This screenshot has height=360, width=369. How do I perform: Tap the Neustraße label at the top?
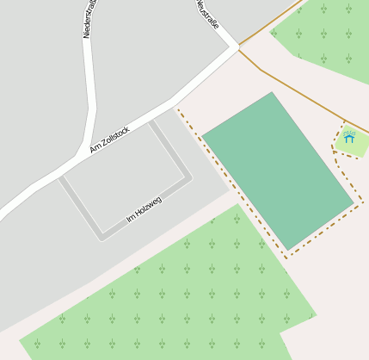pyautogui.click(x=207, y=15)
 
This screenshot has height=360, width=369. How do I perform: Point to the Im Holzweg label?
pyautogui.click(x=144, y=209)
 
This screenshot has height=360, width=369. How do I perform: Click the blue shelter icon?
pyautogui.click(x=349, y=136)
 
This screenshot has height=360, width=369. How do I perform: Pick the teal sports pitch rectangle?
pyautogui.click(x=278, y=171)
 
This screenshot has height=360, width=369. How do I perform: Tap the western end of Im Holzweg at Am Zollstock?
pyautogui.click(x=62, y=178)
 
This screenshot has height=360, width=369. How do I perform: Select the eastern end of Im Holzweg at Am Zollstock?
pyautogui.click(x=151, y=121)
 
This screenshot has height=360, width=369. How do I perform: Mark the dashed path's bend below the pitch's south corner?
pyautogui.click(x=287, y=256)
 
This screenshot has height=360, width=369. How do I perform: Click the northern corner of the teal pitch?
pyautogui.click(x=272, y=93)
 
